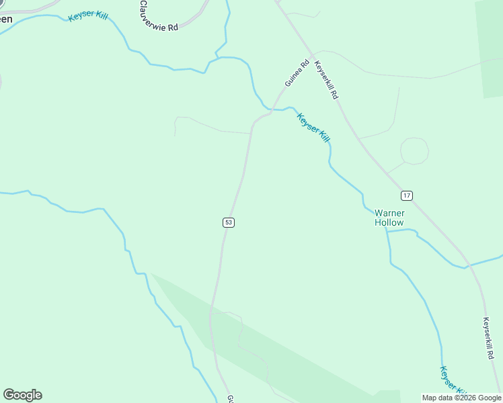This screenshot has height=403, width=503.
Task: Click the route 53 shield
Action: click(x=229, y=222)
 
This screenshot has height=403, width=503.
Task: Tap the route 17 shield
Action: click(x=406, y=195)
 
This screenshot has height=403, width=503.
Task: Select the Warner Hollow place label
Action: click(x=389, y=218)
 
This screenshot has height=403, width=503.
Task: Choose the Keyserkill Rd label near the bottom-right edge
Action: click(x=488, y=339)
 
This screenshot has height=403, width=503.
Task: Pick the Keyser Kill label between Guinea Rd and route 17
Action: click(x=313, y=127)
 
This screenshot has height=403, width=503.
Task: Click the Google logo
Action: click(x=22, y=395)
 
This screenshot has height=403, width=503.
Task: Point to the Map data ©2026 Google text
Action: click(x=462, y=398)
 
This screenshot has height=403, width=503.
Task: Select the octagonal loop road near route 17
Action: click(x=414, y=150)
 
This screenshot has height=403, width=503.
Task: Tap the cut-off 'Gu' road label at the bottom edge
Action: click(x=230, y=398)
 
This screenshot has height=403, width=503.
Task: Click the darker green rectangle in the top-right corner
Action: click(x=490, y=47)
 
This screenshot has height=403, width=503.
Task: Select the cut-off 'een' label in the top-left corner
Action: click(x=5, y=19)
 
